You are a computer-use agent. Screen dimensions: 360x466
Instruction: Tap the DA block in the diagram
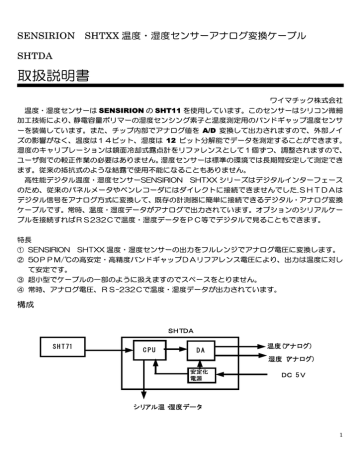(x=200, y=351)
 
